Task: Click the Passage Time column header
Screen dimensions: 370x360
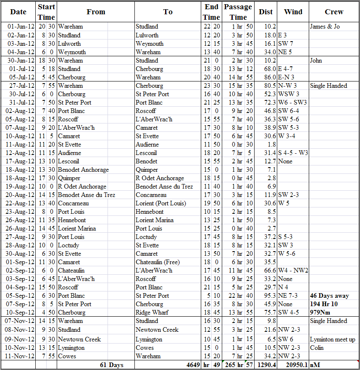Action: point(238,12)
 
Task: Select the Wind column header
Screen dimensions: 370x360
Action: point(293,12)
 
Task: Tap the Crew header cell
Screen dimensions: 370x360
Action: point(334,12)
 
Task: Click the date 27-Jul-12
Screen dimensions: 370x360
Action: point(21,86)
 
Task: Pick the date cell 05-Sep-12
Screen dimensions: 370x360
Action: point(21,296)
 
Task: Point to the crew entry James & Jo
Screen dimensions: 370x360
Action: point(325,26)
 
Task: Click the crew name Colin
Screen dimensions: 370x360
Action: point(317,348)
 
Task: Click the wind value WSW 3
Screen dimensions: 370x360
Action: point(289,94)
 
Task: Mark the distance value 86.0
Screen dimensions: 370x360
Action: point(268,77)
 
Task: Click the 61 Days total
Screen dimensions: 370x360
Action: point(111,365)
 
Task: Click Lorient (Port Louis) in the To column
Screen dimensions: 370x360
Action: point(161,203)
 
